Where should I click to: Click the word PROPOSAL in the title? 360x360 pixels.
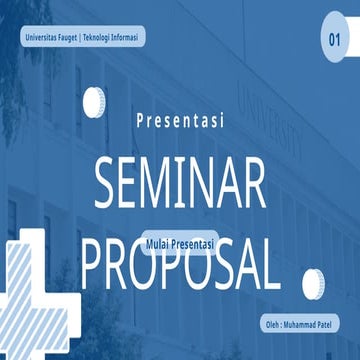point(180,262)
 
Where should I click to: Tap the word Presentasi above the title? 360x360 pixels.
point(180,121)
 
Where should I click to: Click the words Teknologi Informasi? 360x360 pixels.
point(113,37)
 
